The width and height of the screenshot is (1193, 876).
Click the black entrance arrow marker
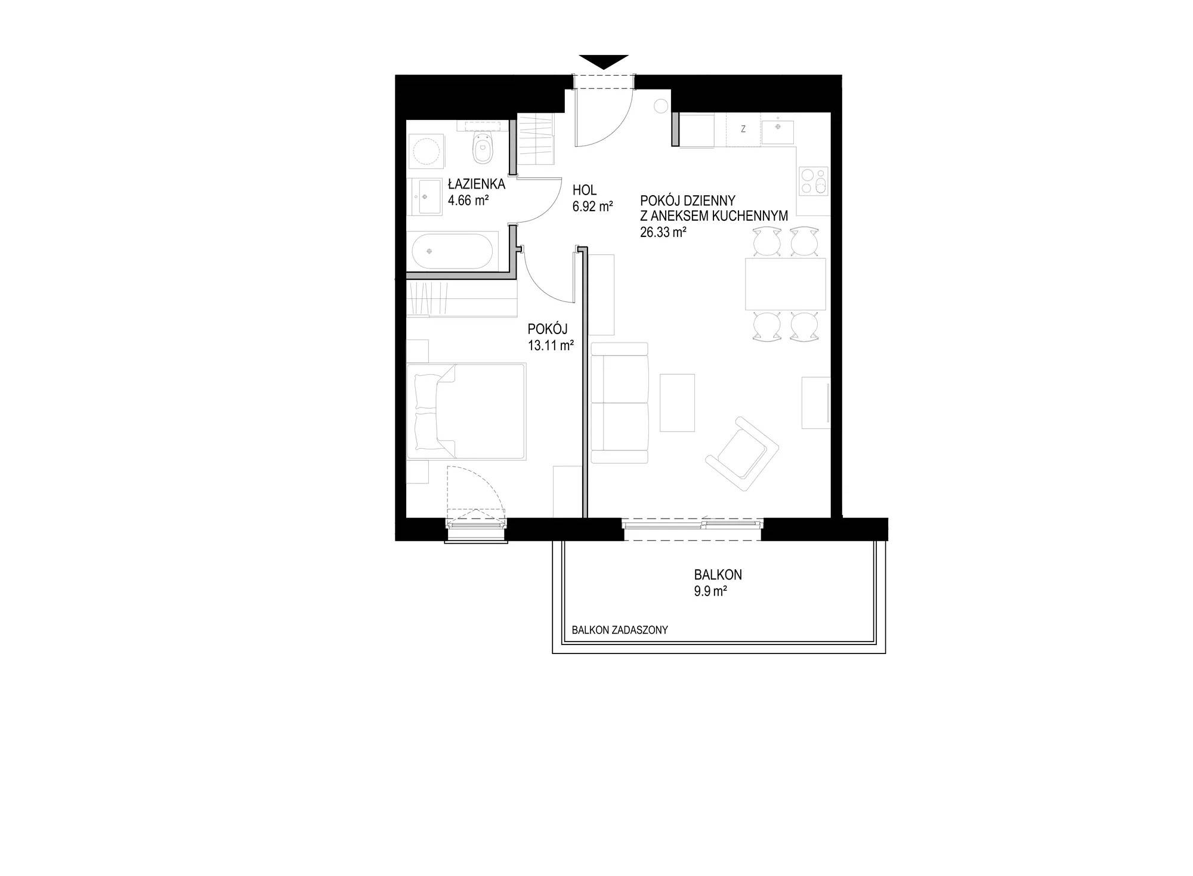(x=604, y=61)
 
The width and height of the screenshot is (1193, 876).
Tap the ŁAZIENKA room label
(x=477, y=184)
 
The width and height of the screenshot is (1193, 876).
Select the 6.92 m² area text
(x=593, y=207)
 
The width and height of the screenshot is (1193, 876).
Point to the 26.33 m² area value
(x=663, y=233)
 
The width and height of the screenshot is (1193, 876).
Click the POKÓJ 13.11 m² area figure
(x=551, y=345)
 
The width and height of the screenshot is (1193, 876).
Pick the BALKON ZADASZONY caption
(x=619, y=630)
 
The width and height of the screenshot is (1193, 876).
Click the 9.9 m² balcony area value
(x=710, y=591)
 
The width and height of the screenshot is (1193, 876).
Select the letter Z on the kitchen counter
(x=743, y=129)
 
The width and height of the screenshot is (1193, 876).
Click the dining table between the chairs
(x=786, y=284)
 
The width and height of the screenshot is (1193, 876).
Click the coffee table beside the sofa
(x=677, y=402)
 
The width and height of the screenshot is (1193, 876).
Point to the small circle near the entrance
(x=660, y=106)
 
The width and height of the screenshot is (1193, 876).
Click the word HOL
(x=585, y=190)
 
